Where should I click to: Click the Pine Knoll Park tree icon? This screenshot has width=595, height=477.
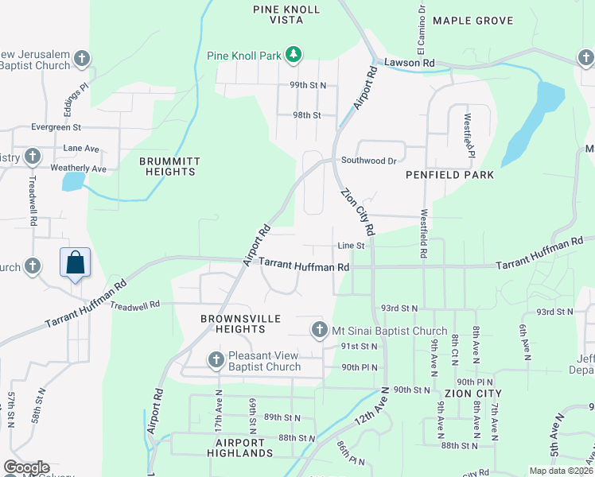[x=294, y=55]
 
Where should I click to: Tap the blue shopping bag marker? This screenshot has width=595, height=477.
[x=75, y=263]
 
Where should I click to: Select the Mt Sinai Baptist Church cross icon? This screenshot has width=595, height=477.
[x=319, y=329]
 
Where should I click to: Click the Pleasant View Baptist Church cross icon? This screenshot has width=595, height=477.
[x=216, y=360]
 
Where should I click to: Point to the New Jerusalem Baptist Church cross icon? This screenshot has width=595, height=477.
[x=83, y=59]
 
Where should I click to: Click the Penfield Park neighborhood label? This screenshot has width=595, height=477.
[x=449, y=174]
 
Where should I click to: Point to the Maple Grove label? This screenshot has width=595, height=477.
[x=473, y=21]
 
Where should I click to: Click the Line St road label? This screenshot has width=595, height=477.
[x=350, y=246]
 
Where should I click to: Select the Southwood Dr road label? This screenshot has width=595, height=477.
[x=368, y=161]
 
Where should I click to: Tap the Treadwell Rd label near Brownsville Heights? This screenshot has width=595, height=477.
[x=135, y=305]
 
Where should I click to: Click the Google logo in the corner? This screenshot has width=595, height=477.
[x=26, y=467]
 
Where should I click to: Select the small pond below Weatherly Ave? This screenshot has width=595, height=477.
[x=72, y=182]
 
